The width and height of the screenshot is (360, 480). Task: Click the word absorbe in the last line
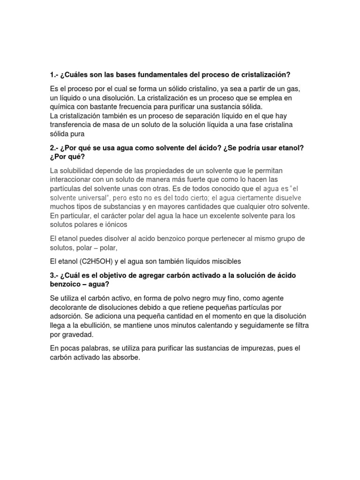(x=127, y=357)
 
